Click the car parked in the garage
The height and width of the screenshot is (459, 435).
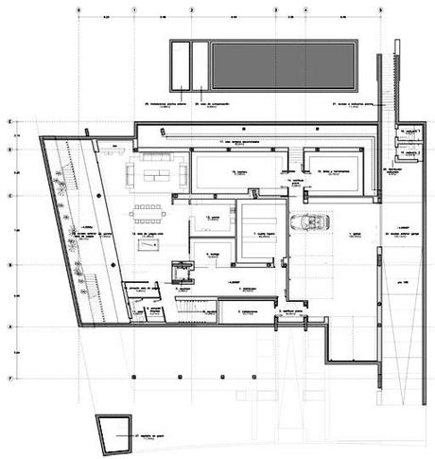[307, 224]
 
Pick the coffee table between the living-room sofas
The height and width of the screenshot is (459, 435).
[155, 173]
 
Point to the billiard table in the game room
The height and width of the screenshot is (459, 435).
[149, 245]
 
